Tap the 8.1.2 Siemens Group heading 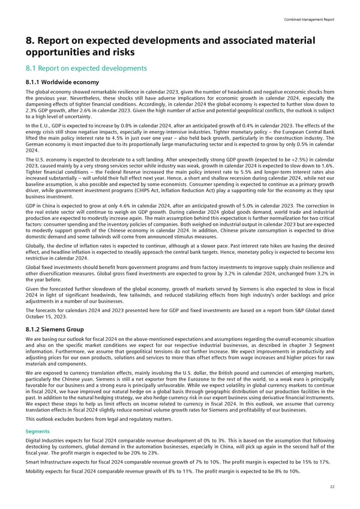[53, 329]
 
